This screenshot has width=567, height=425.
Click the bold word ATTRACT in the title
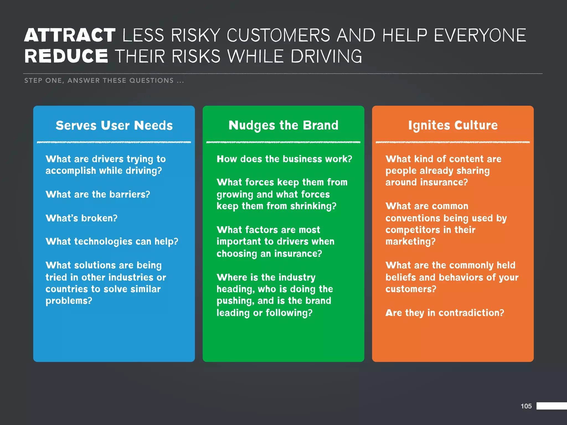click(70, 35)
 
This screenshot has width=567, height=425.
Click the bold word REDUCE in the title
click(66, 56)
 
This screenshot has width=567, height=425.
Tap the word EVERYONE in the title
click(480, 35)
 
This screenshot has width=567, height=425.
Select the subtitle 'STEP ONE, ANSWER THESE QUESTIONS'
click(104, 81)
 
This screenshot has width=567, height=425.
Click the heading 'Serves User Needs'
click(114, 125)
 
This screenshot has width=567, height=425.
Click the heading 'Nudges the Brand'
click(283, 125)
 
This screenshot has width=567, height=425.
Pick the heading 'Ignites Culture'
click(453, 125)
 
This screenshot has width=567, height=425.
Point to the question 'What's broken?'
click(81, 218)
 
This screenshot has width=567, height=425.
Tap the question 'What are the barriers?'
click(98, 194)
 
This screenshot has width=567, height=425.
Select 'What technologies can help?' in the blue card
click(112, 241)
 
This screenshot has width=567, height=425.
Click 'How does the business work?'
click(284, 159)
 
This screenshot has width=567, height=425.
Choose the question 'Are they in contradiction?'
click(445, 313)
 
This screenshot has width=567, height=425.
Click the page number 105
click(526, 406)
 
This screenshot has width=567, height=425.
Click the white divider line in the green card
click(283, 142)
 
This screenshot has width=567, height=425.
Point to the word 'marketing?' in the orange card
click(410, 242)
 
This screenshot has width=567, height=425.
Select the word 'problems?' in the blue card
click(69, 301)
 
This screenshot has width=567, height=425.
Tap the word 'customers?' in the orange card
click(411, 289)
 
